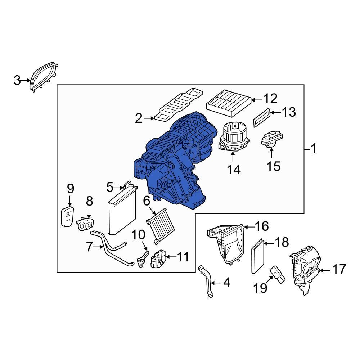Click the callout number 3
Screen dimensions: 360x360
17,81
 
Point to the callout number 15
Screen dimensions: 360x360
273,166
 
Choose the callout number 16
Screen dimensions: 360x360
262,226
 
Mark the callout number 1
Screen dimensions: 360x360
313,149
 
